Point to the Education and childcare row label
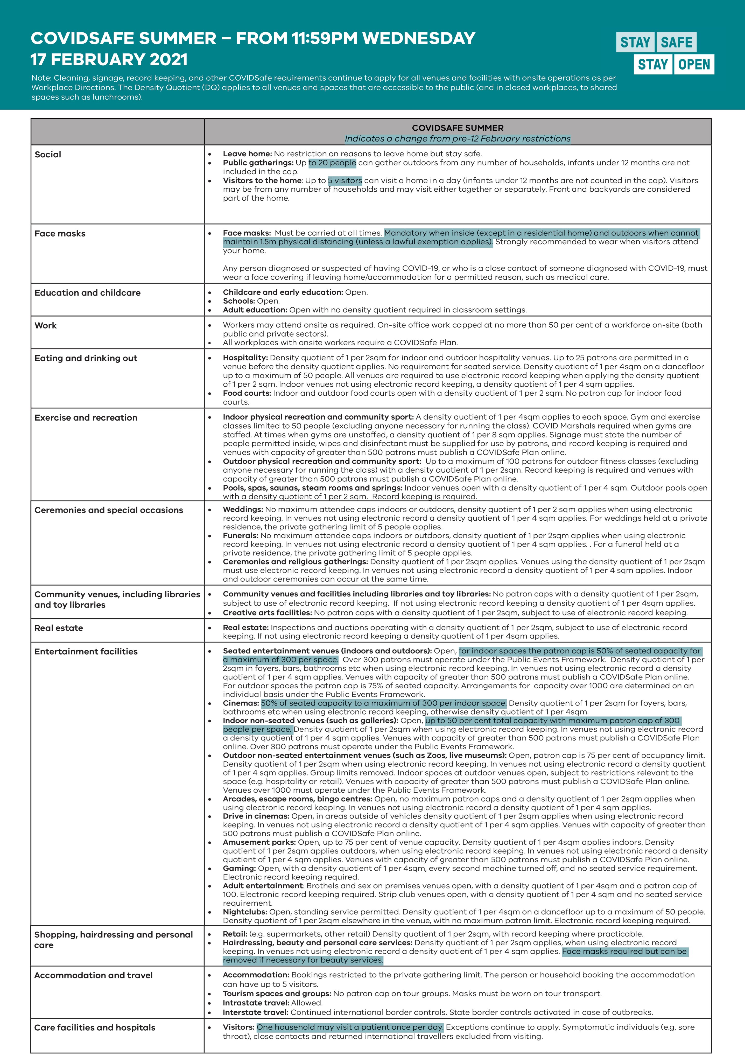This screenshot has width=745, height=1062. click(87, 293)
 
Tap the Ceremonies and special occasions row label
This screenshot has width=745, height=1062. click(109, 510)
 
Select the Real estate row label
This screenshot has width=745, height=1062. click(59, 628)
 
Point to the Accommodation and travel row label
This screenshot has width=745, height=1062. click(93, 975)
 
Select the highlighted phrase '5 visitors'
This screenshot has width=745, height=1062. click(345, 180)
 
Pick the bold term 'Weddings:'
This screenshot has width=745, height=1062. click(243, 509)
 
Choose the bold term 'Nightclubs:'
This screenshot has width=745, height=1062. click(245, 912)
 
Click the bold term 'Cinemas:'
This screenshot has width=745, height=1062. click(241, 703)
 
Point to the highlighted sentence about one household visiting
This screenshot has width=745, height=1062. click(350, 1027)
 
